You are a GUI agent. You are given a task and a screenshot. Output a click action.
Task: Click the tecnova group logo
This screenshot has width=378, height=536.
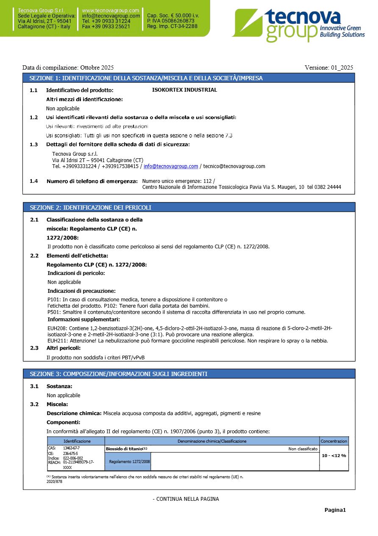point(299,25)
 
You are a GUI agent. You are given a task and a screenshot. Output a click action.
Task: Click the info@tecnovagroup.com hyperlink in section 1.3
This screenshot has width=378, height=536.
point(171,166)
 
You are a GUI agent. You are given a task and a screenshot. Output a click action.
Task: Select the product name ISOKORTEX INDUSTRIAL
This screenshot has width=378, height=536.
point(184,90)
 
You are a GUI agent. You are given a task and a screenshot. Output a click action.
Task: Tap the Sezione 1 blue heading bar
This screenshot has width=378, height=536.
point(189,78)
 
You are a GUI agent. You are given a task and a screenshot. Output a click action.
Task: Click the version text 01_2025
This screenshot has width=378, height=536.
point(342,67)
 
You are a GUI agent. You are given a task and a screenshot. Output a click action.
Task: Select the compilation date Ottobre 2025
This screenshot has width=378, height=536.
point(97,67)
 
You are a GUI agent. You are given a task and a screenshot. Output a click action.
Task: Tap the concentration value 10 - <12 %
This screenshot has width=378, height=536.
point(334,455)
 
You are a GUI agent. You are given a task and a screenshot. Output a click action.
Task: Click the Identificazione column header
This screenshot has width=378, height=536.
point(77,441)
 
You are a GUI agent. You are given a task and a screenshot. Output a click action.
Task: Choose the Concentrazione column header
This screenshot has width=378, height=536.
point(334,441)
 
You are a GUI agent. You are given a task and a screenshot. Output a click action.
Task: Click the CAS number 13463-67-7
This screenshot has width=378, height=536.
point(71,448)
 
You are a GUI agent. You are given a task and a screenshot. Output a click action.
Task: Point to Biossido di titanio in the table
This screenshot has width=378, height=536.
point(124,449)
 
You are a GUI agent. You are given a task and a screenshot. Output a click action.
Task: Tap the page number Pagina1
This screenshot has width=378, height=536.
point(335,510)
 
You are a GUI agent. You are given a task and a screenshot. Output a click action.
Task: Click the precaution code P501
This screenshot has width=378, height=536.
point(54,312)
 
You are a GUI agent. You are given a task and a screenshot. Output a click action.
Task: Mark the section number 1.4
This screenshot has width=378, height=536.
point(33,181)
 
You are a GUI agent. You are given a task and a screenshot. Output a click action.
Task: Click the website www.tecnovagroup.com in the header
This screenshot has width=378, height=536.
point(110,10)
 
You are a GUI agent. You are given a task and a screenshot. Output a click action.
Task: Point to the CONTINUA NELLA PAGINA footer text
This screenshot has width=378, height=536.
point(186,499)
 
